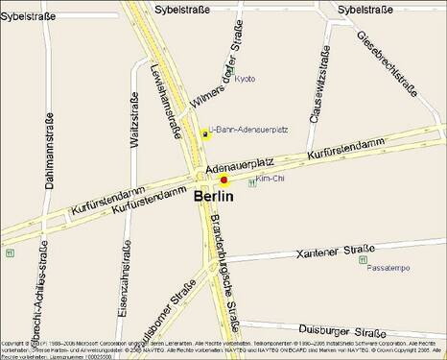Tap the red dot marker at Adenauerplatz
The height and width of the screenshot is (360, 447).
(223, 180)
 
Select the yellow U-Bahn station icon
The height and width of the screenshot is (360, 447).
(204, 135)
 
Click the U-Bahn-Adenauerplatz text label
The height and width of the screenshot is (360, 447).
(243, 130)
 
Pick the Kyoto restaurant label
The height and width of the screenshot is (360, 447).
(245, 79)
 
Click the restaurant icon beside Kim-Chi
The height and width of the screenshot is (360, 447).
(252, 182)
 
